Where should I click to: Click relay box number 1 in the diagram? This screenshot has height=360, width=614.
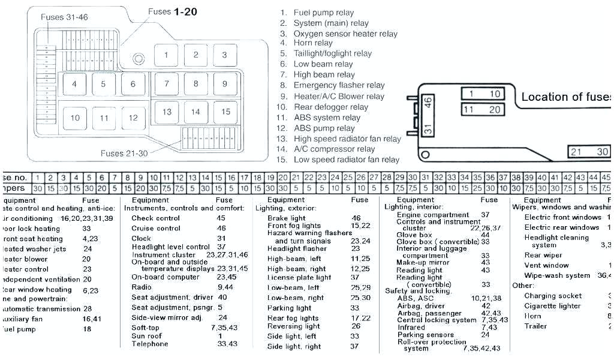click(166, 55)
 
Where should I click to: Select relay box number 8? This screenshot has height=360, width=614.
click(195, 84)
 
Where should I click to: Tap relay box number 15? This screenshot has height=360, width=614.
click(225, 112)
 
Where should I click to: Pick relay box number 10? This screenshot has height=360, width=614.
click(75, 118)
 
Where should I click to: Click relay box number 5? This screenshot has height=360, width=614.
click(104, 84)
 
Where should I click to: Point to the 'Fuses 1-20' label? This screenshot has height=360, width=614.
click(173, 11)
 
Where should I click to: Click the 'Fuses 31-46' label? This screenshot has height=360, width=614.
click(64, 17)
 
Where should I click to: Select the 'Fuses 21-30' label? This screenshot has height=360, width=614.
click(124, 154)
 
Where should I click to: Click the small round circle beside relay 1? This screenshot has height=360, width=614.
click(139, 59)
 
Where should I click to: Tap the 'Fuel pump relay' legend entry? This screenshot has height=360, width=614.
click(323, 13)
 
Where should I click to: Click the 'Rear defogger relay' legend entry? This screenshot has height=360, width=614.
click(330, 107)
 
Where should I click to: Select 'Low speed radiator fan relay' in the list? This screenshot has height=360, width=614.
click(346, 160)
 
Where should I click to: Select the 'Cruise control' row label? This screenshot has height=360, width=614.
click(156, 228)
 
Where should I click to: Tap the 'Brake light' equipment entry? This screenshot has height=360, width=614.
click(287, 218)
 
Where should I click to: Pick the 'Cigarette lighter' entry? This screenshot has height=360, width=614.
click(552, 306)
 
